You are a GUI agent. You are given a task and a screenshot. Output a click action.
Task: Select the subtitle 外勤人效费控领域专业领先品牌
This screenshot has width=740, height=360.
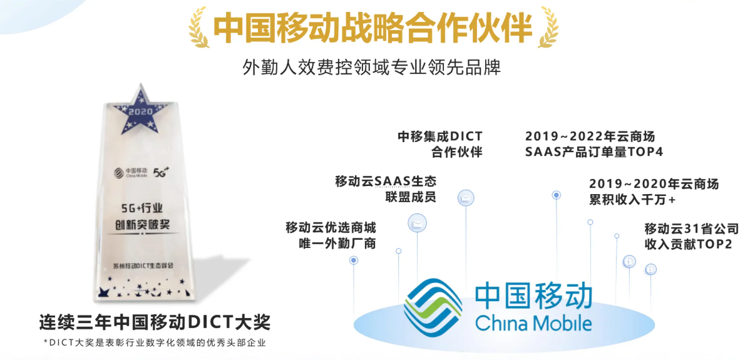(x=371, y=68)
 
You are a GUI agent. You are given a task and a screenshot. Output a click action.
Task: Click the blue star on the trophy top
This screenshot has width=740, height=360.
(x=141, y=108)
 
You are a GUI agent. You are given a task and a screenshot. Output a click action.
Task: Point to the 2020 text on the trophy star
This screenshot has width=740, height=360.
(x=141, y=112)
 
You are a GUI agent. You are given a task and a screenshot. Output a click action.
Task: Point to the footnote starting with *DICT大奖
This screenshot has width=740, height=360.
(x=155, y=342)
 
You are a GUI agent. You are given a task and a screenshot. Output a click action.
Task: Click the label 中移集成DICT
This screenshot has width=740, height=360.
(x=440, y=136)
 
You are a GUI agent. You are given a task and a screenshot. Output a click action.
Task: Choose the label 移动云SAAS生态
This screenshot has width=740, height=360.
(x=386, y=181)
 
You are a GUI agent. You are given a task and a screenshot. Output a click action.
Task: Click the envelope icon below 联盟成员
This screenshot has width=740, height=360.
(x=417, y=223)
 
